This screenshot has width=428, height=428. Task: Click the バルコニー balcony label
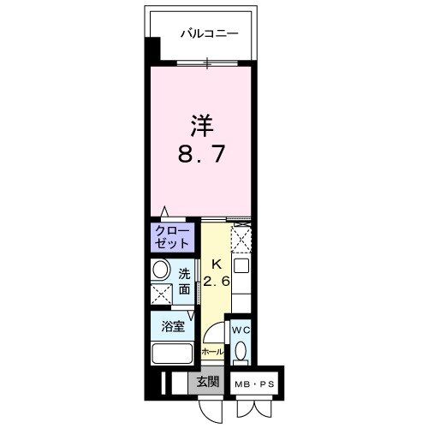tap(209, 35)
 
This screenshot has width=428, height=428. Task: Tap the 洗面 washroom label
tap(184, 282)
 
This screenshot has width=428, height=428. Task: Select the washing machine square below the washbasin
tap(159, 294)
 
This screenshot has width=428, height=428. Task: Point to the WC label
tap(241, 328)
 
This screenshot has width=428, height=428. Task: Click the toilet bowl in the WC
tap(241, 352)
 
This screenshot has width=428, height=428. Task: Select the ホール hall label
tap(213, 352)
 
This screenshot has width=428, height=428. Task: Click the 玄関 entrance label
tap(206, 383)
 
